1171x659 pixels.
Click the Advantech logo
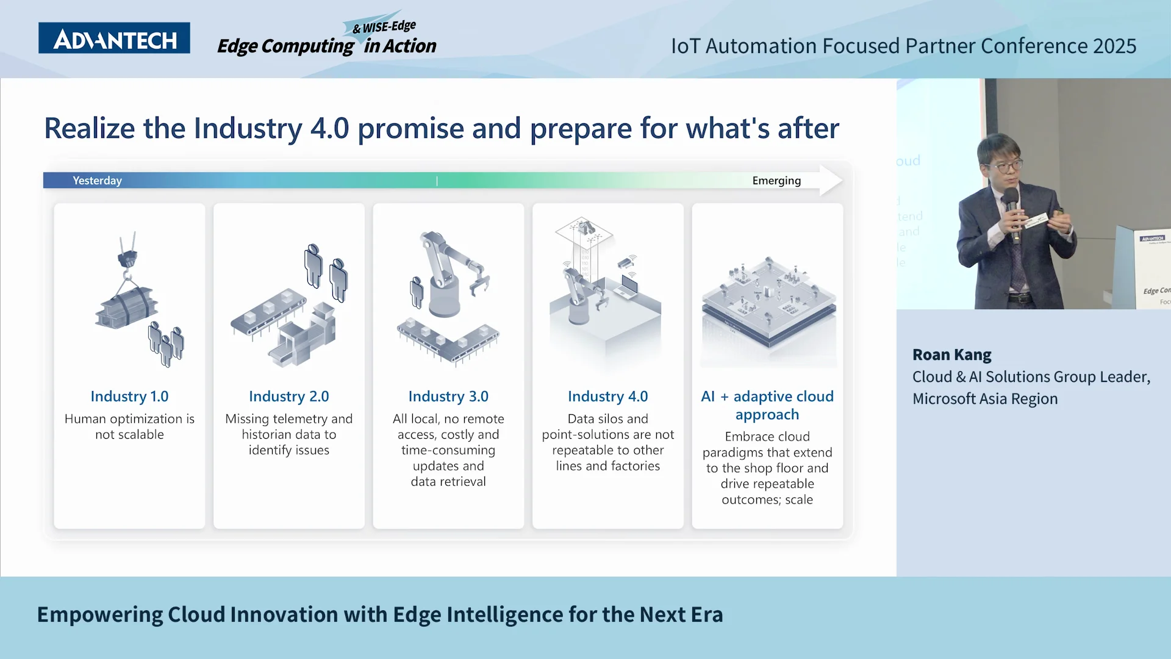(x=114, y=38)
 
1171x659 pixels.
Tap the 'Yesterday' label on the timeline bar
(x=97, y=181)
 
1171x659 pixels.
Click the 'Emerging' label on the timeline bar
(x=776, y=181)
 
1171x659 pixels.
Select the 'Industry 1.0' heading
(x=129, y=397)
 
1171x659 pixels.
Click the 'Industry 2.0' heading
(x=288, y=397)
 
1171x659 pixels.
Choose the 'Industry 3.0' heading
(x=448, y=397)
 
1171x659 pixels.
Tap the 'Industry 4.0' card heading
(x=607, y=397)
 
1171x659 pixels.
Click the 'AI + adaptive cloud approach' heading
(x=767, y=405)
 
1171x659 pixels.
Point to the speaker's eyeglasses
(x=1002, y=166)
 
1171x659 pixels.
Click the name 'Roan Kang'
(x=951, y=355)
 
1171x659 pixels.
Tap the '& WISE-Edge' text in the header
(x=384, y=27)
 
